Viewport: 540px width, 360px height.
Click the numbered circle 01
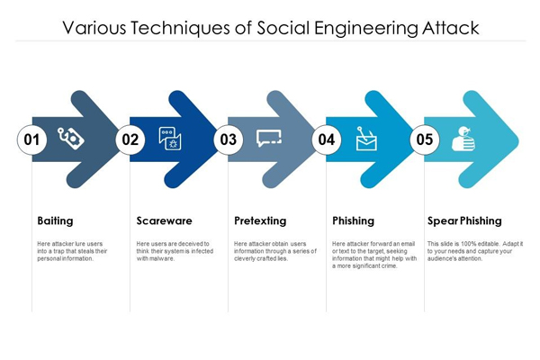pyautogui.click(x=31, y=139)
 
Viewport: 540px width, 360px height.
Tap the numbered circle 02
pyautogui.click(x=130, y=139)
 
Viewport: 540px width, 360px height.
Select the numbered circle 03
pyautogui.click(x=229, y=139)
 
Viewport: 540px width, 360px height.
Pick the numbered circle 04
pyautogui.click(x=327, y=139)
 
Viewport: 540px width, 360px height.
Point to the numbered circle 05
pyautogui.click(x=425, y=139)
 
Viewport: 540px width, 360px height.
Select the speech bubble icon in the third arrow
pyautogui.click(x=268, y=139)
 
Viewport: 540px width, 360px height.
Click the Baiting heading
pyautogui.click(x=56, y=220)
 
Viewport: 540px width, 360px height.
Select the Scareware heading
pyautogui.click(x=164, y=220)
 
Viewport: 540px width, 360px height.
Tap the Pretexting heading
pyautogui.click(x=260, y=220)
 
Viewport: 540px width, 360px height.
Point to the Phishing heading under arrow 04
pyautogui.click(x=353, y=220)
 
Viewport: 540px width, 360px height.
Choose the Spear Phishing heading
pyautogui.click(x=464, y=220)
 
